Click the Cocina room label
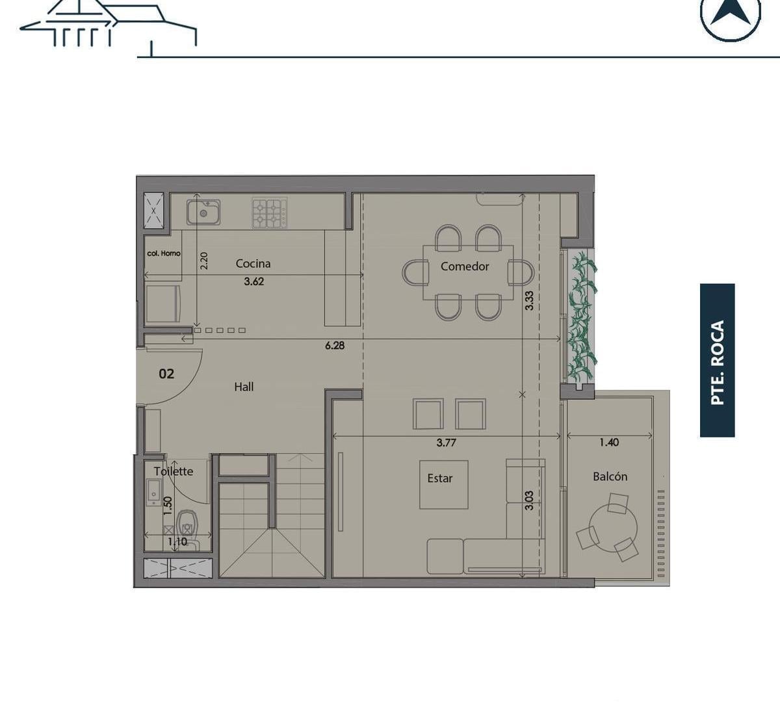[253, 264]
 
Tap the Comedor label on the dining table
[465, 266]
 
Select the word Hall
[244, 387]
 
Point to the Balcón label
[610, 476]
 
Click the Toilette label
[174, 471]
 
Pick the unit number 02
[166, 374]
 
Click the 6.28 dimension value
[335, 345]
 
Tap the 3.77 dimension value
[446, 443]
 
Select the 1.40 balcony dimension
[609, 442]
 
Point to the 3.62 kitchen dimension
[254, 281]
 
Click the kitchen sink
[203, 213]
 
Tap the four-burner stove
[270, 213]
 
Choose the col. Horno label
[164, 253]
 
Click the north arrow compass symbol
[730, 16]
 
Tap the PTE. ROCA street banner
[718, 361]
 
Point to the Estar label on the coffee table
[440, 478]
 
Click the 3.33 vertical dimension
[529, 301]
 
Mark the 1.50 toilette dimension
[168, 506]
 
